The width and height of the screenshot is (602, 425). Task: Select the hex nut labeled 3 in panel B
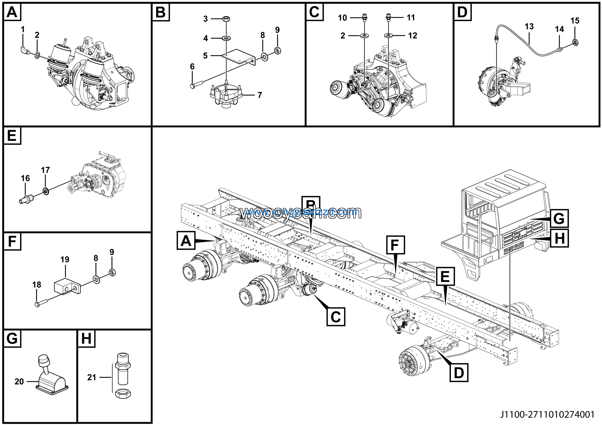(226, 19)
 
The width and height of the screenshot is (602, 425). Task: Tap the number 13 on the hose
(529, 27)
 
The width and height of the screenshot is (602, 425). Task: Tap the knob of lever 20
(43, 359)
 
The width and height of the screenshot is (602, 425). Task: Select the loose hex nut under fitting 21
(123, 393)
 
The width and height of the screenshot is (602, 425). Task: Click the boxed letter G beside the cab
(559, 218)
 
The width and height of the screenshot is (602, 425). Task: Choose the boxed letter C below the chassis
(336, 317)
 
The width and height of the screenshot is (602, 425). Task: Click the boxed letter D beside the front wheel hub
(459, 372)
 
